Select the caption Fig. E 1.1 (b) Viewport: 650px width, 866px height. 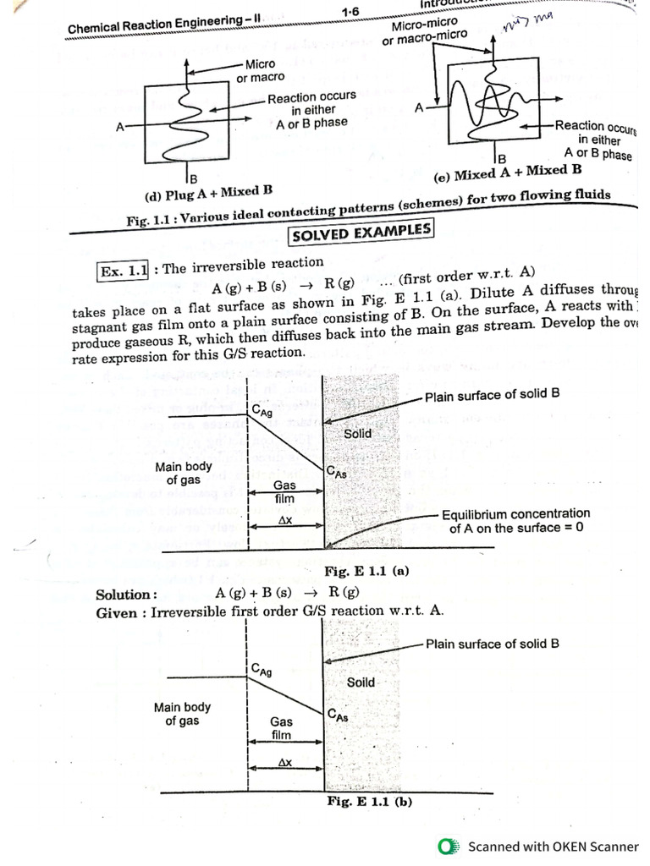(x=369, y=801)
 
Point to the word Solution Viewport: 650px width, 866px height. (x=126, y=594)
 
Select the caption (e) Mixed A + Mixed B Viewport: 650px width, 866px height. (x=508, y=173)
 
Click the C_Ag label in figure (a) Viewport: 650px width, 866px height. (x=262, y=412)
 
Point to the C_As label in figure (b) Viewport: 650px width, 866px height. (x=337, y=716)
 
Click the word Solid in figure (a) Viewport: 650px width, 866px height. (x=357, y=434)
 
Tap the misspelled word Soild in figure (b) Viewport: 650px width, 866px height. (x=361, y=682)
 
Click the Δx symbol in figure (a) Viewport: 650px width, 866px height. (x=285, y=522)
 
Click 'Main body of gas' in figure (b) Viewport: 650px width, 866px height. (x=183, y=714)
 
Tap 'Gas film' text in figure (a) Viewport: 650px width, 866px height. (x=284, y=492)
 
